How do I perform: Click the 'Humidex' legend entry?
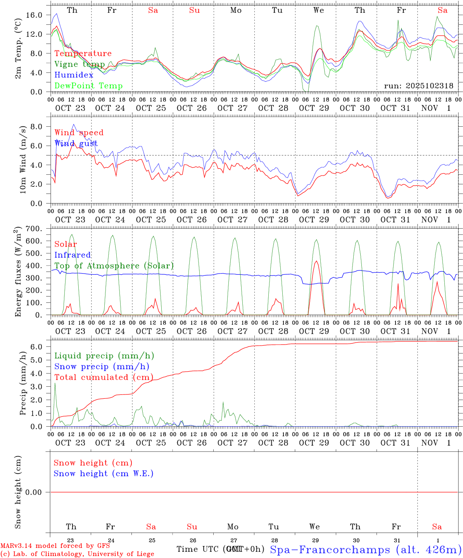[x=74, y=75]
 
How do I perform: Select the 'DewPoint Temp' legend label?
[x=88, y=86]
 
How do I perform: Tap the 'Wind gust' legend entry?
[x=76, y=143]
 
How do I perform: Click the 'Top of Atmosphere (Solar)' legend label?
[x=114, y=266]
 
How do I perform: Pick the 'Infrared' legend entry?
[x=73, y=255]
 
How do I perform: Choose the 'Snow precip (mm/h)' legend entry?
[x=102, y=367]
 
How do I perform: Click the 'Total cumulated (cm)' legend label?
[x=104, y=377]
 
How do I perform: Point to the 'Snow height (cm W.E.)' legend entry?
[x=104, y=474]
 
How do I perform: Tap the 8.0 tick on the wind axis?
[x=36, y=126]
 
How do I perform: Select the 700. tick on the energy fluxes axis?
[x=33, y=229]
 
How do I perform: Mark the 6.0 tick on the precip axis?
[x=36, y=346]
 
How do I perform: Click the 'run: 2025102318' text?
[x=418, y=86]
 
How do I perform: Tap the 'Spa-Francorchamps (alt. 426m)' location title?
[x=366, y=549]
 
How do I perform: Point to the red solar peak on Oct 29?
[x=316, y=261]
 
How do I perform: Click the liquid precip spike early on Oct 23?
[x=55, y=383]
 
